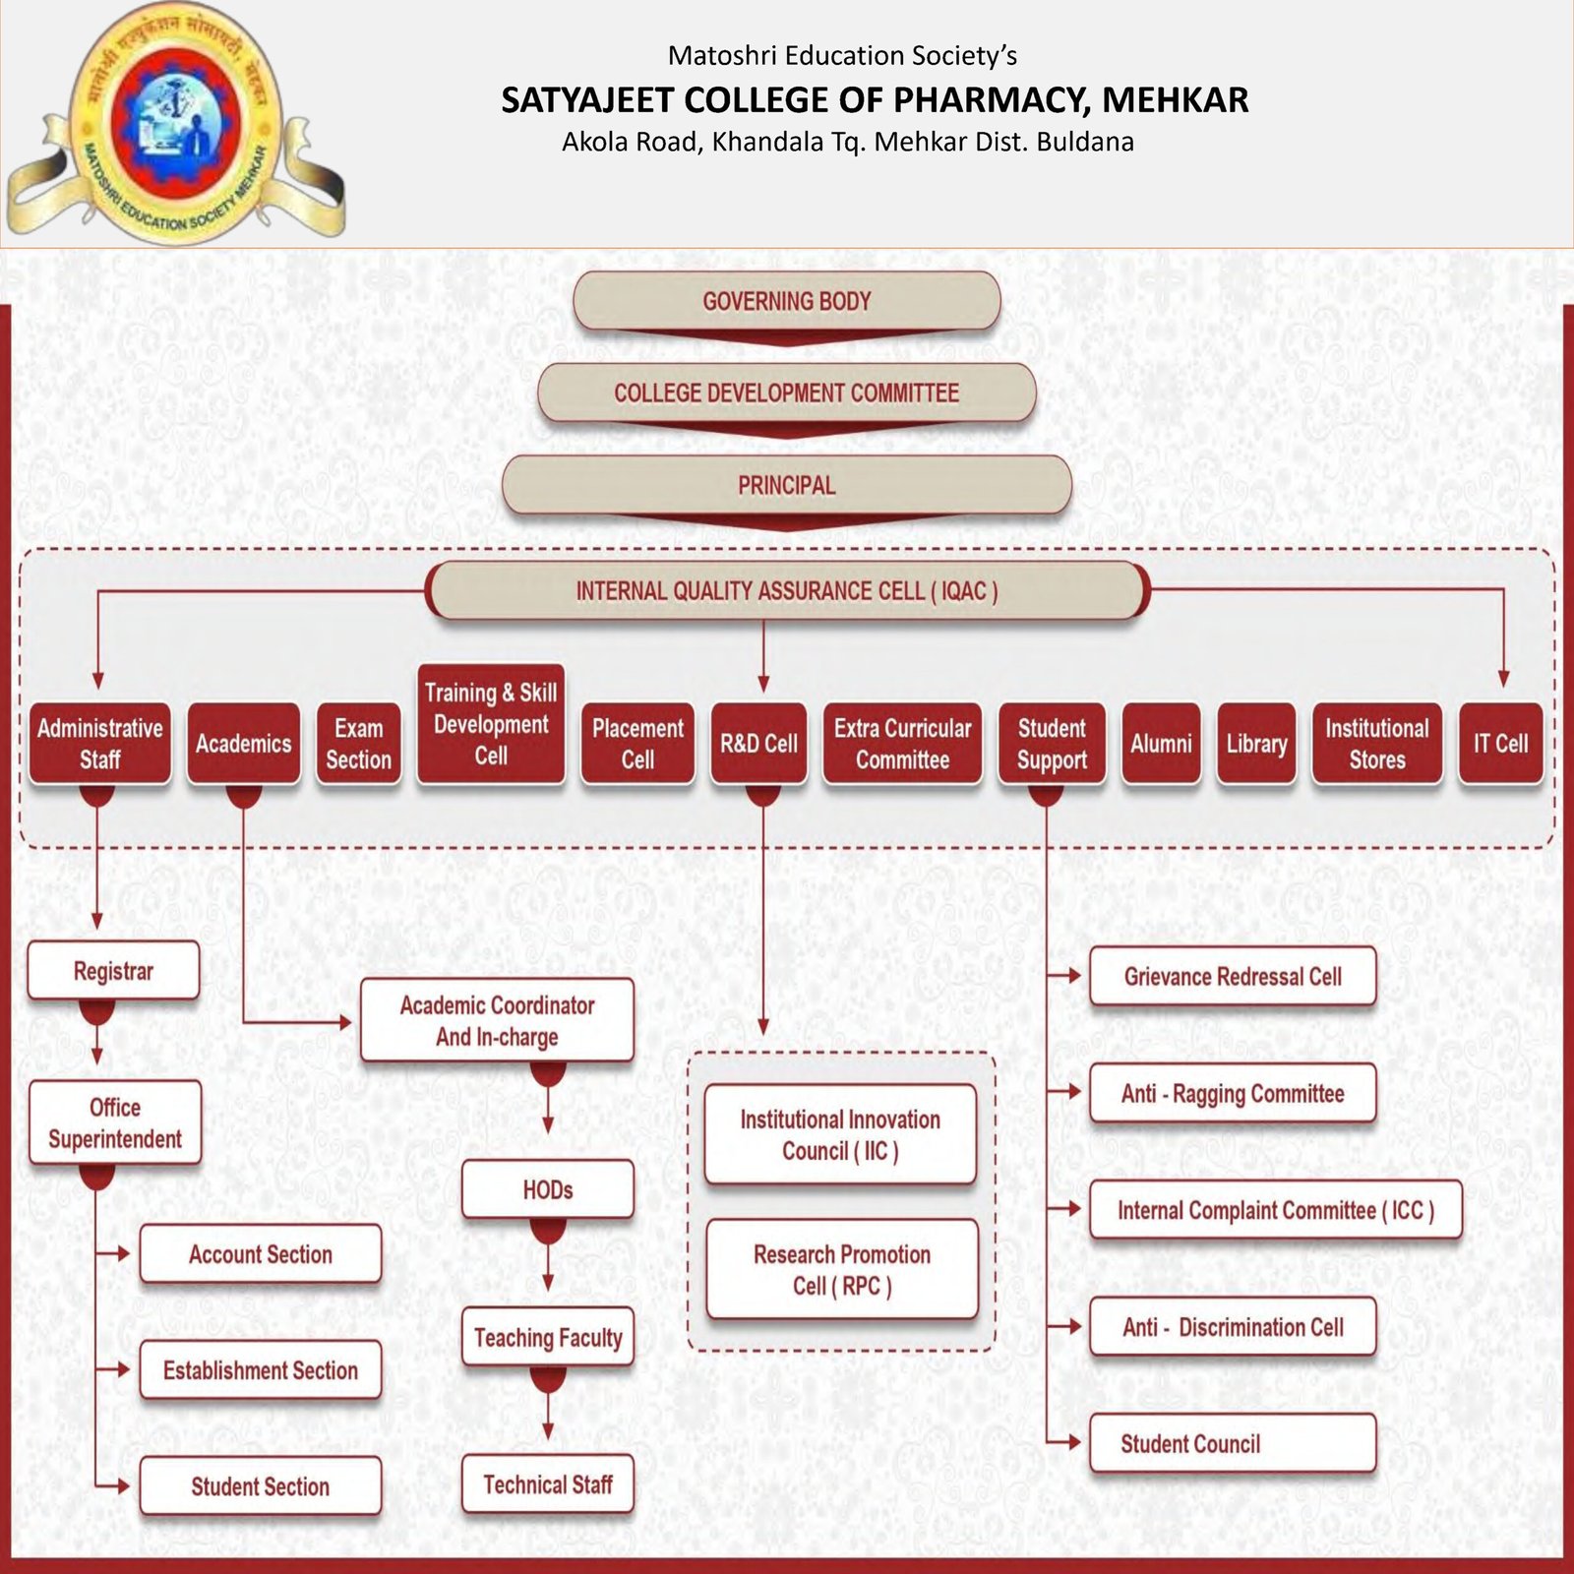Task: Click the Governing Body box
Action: tap(786, 301)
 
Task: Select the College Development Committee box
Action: tap(786, 393)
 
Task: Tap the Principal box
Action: tap(786, 485)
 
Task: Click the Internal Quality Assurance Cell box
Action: tap(786, 590)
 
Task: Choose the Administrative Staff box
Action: tap(99, 744)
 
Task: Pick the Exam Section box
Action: tap(358, 744)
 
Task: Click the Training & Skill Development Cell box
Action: tap(491, 724)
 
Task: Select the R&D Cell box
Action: tap(758, 744)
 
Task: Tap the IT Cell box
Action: tap(1500, 744)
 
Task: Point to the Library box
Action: tap(1256, 744)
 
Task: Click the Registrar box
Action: tap(113, 971)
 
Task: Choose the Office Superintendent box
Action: tap(115, 1122)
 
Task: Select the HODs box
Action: tap(548, 1189)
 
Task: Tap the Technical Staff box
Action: tap(548, 1483)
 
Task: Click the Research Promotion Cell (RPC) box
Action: tap(842, 1269)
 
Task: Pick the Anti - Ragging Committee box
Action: tap(1232, 1093)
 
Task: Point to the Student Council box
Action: tap(1232, 1443)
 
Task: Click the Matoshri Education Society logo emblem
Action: tap(175, 123)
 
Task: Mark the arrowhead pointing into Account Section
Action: tap(123, 1253)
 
